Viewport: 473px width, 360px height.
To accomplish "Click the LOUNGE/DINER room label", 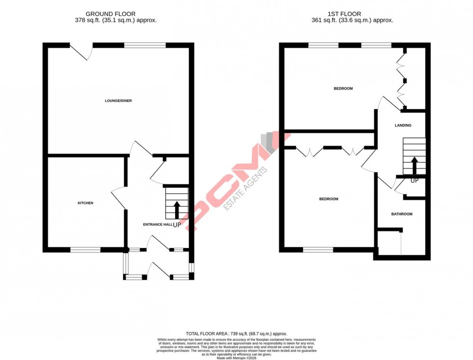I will click(x=118, y=101).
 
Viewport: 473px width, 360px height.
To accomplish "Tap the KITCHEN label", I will click(x=85, y=203).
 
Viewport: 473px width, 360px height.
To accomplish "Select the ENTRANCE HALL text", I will click(x=157, y=225).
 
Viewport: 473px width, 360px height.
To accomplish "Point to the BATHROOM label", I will click(x=402, y=214).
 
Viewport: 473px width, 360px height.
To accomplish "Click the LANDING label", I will click(x=403, y=125).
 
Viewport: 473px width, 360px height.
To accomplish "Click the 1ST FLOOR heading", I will click(x=352, y=14).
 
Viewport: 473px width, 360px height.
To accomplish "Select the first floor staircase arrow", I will click(x=414, y=165).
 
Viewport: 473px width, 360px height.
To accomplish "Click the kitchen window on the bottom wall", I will click(x=85, y=249).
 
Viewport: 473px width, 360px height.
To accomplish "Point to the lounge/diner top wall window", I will click(x=145, y=45).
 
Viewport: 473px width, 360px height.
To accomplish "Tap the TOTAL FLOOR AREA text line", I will click(x=236, y=333).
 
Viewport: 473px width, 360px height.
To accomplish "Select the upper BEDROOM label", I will click(x=343, y=89).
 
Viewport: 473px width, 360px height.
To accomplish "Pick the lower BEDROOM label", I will click(x=329, y=199).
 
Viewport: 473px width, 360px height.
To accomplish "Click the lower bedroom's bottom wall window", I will click(x=318, y=249).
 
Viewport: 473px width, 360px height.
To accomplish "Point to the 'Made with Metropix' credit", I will click(x=236, y=358).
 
